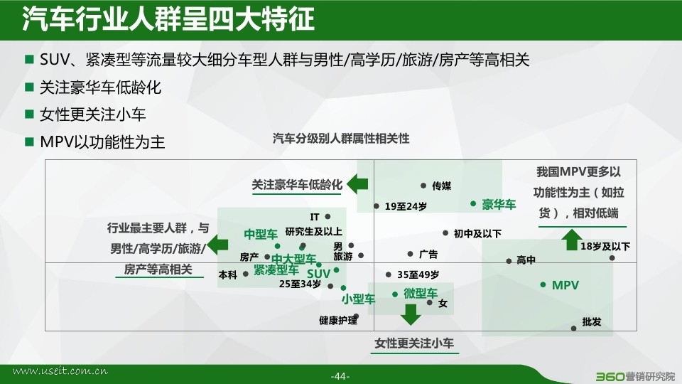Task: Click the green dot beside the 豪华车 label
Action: (x=473, y=204)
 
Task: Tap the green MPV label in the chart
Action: (x=565, y=285)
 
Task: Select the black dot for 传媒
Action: (x=423, y=186)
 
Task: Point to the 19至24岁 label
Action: (x=406, y=206)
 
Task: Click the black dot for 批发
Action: (x=574, y=329)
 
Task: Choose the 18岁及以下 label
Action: (x=605, y=247)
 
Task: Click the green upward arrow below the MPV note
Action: (x=572, y=240)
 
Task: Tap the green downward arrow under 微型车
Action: (x=410, y=314)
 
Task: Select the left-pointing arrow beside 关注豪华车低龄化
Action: (x=357, y=184)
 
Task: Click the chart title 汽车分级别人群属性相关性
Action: (x=341, y=139)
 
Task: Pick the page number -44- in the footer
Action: (x=340, y=376)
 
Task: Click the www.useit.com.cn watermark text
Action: (x=60, y=371)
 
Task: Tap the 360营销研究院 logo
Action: (x=635, y=376)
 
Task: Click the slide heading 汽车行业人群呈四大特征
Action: (x=168, y=19)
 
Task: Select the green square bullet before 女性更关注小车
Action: (x=30, y=114)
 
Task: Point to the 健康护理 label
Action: (x=338, y=321)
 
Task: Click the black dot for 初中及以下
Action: (x=445, y=233)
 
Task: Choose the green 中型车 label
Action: (x=261, y=234)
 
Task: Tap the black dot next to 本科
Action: (x=246, y=274)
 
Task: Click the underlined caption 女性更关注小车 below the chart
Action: (x=414, y=343)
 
